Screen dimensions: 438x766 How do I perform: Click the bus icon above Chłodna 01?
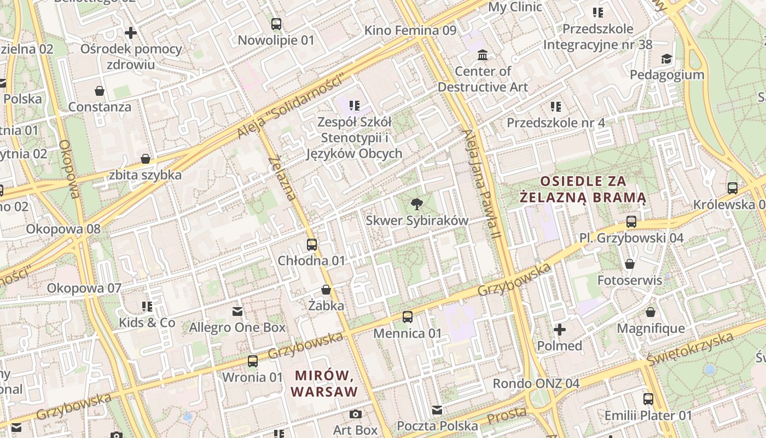point(312,244)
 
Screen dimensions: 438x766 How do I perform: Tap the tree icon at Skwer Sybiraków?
point(417,204)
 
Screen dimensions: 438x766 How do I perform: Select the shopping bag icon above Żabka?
point(326,289)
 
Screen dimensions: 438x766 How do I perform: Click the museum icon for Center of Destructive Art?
point(483,55)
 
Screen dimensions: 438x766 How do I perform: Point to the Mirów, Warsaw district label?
point(324,383)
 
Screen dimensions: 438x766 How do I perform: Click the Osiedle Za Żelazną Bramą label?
point(583,189)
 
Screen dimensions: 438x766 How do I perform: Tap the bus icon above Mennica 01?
point(408,316)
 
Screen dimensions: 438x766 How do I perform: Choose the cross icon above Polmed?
point(559,330)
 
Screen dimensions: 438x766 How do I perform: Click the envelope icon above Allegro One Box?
point(237,311)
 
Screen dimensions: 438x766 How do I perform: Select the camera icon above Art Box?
point(356,414)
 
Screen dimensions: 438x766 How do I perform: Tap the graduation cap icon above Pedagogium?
point(666,59)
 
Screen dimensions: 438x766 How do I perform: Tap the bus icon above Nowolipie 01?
point(276,24)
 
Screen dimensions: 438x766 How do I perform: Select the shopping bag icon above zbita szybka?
point(146,159)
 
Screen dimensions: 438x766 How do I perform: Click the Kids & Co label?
point(147,322)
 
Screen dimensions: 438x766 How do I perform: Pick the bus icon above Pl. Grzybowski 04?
point(631,222)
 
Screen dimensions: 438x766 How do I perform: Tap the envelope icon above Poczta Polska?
point(437,410)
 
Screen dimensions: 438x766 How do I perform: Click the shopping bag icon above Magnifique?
point(650,312)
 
